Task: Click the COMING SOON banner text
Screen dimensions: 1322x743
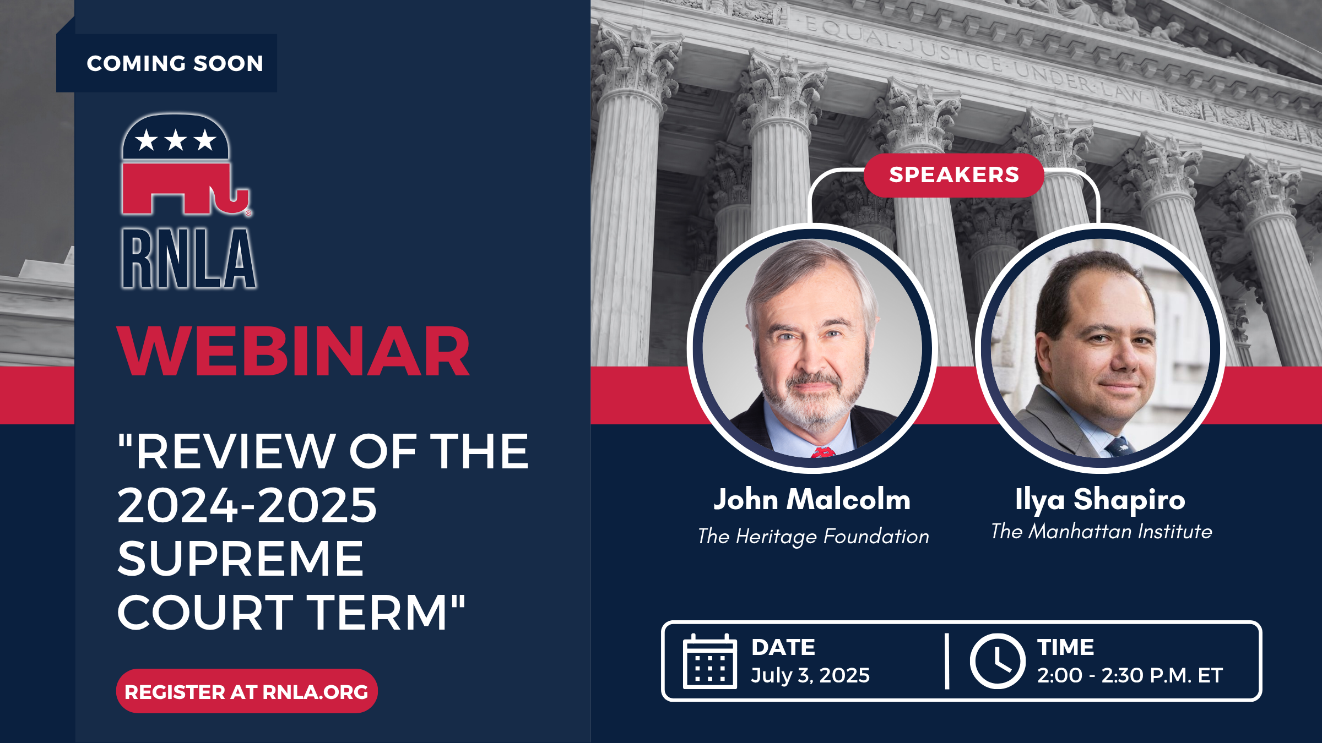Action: click(175, 63)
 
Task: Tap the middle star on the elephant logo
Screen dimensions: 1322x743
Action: click(176, 140)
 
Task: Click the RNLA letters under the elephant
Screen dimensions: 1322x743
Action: click(189, 259)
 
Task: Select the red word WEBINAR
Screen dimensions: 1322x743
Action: click(293, 351)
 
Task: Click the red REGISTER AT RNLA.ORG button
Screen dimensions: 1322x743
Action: click(247, 691)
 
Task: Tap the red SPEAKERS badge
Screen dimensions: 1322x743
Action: click(954, 175)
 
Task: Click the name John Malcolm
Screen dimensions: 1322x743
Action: click(812, 500)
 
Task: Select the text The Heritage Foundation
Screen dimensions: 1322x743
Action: click(813, 536)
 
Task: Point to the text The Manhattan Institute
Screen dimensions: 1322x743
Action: click(1102, 531)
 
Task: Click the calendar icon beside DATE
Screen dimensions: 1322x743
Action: click(710, 661)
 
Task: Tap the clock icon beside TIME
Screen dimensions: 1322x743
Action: click(998, 661)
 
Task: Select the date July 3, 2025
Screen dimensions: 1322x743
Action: click(810, 675)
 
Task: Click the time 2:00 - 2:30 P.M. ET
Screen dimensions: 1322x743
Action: click(1130, 675)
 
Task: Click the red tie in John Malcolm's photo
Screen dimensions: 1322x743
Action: click(822, 452)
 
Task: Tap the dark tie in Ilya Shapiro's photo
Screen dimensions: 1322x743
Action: click(1118, 446)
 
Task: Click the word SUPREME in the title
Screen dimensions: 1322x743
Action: click(241, 559)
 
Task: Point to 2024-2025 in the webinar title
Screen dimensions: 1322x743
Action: click(247, 505)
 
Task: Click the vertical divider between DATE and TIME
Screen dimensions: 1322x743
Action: click(947, 661)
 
